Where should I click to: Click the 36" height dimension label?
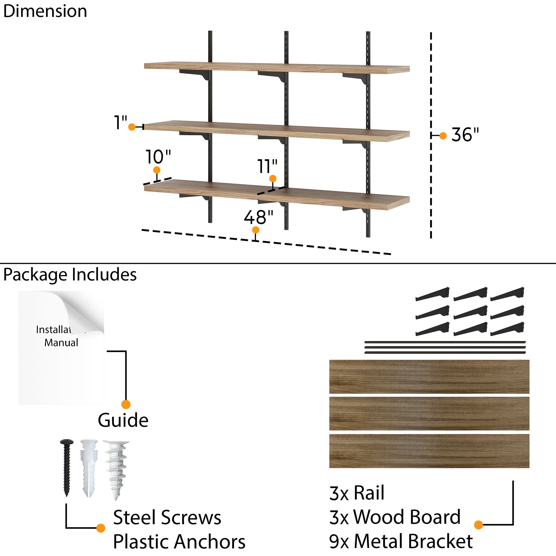(x=465, y=134)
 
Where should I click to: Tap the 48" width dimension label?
(x=258, y=217)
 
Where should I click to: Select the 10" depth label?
(x=158, y=157)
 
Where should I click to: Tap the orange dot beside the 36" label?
(x=443, y=136)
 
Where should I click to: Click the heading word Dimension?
(x=45, y=11)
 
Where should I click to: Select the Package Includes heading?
(x=70, y=275)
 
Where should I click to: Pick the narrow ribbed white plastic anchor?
(x=88, y=466)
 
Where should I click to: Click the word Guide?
(x=123, y=420)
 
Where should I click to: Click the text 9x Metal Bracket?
(x=401, y=541)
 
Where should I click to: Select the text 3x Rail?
(x=357, y=493)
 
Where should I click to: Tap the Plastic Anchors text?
(x=179, y=542)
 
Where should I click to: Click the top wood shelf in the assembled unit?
(x=276, y=68)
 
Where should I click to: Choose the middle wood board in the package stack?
(x=429, y=414)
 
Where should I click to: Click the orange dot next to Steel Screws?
(x=100, y=528)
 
